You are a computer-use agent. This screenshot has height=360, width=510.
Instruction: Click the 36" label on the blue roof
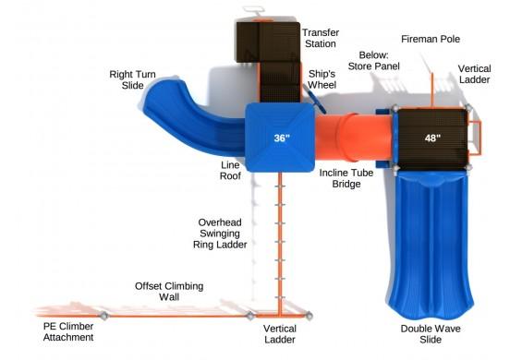tap(281, 138)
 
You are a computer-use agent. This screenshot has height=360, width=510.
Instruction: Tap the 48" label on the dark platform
tap(431, 138)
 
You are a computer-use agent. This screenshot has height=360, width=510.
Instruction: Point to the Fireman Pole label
tap(430, 39)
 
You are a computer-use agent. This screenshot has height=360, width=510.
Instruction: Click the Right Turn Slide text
tap(131, 80)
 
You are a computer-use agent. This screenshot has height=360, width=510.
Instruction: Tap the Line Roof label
tap(230, 172)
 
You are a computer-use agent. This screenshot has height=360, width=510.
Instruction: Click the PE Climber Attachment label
tap(68, 332)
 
